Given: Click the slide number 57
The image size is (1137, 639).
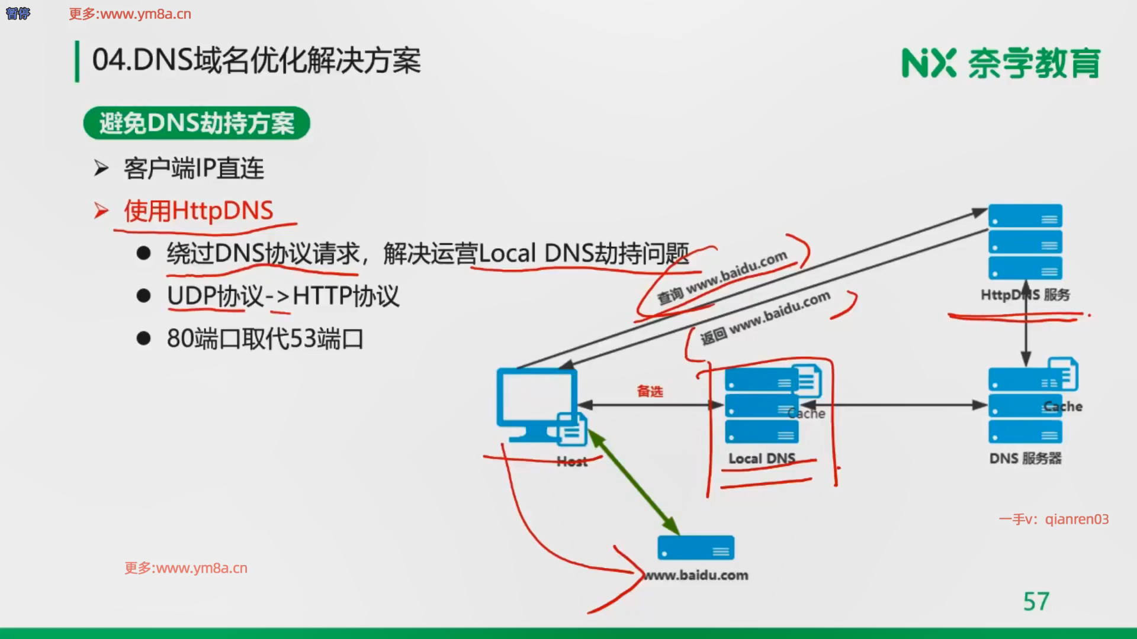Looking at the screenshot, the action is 1036,601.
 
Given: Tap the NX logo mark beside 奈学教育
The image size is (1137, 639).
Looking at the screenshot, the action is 928,63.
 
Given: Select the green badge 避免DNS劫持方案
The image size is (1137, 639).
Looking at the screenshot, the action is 197,123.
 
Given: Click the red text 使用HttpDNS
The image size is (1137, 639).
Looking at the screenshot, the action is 198,211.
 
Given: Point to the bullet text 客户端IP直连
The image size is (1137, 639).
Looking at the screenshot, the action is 194,169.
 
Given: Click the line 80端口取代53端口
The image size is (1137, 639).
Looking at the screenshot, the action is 265,338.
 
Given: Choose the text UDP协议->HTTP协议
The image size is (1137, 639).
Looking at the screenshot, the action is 283,296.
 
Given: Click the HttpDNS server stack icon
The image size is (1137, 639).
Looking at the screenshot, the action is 1025,242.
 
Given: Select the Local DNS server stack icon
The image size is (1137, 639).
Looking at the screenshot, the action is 762,406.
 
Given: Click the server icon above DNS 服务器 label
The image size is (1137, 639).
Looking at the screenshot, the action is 1025,406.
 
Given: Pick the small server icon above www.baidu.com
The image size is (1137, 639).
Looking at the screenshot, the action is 696,548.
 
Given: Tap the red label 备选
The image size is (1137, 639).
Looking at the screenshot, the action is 650,391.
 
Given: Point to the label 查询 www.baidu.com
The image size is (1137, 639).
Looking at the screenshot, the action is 722,277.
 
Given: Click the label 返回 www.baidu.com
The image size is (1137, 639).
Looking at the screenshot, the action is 765,318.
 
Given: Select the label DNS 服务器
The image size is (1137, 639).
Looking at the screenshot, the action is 1025,459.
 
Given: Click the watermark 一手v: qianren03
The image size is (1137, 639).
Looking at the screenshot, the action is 1054,519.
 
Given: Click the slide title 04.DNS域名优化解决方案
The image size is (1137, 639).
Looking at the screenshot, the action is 256,60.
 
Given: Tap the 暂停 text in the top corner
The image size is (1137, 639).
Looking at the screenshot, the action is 18,13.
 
